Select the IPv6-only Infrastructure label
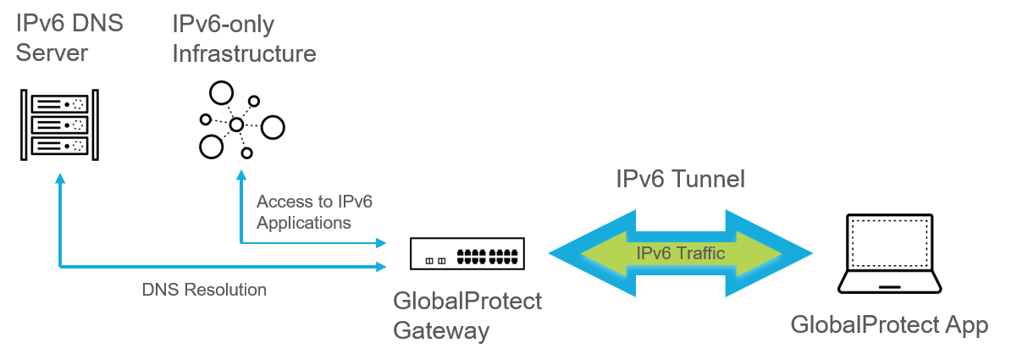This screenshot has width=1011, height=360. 244,39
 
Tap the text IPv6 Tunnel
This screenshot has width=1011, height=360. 680,179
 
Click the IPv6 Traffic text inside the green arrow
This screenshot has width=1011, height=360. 680,252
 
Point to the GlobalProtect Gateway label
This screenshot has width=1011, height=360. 467,316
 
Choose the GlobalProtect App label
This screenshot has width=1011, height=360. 889,325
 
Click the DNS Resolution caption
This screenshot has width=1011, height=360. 204,290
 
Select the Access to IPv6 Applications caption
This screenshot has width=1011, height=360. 314,212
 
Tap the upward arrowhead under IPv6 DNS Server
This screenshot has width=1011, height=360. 59,179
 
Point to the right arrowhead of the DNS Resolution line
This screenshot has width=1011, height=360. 382,267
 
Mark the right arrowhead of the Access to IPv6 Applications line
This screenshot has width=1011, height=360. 382,243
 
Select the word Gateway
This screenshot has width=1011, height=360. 441,330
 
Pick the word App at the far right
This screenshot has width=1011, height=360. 966,326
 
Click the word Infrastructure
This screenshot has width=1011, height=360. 244,53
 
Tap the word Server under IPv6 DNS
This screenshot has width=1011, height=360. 52,53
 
